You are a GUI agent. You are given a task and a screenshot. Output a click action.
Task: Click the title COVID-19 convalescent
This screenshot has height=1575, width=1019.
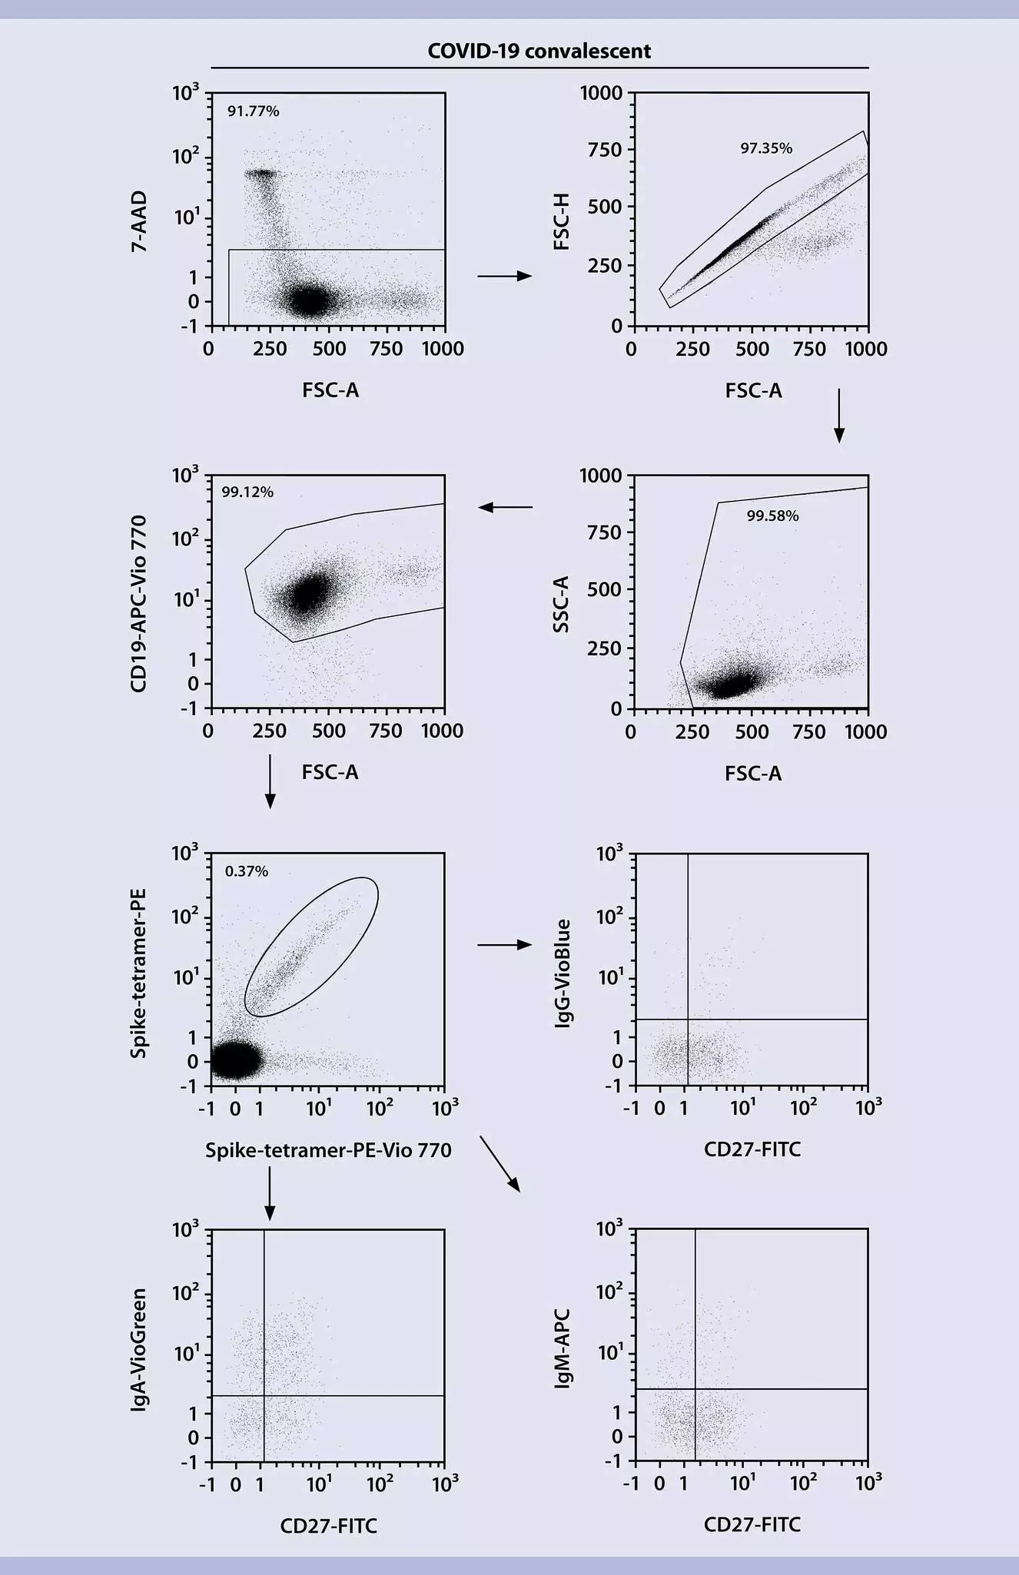pos(539,51)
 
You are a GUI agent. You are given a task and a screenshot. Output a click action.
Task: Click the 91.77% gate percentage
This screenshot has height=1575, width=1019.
pos(253,111)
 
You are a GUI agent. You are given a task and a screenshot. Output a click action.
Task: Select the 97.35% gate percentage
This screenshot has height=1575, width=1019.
pos(765,148)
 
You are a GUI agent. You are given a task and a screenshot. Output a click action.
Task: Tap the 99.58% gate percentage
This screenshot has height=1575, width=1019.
pos(772,516)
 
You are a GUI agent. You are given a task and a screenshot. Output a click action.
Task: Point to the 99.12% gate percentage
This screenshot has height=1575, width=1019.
pos(247,492)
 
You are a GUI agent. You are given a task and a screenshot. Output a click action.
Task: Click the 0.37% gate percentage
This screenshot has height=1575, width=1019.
pos(246,871)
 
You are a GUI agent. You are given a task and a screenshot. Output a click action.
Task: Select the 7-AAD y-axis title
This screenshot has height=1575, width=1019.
pos(139,222)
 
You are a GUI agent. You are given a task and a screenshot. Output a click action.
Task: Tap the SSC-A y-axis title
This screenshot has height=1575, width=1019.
pos(562,604)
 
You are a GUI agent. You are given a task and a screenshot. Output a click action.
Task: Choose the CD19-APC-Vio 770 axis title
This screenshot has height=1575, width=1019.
pos(139,604)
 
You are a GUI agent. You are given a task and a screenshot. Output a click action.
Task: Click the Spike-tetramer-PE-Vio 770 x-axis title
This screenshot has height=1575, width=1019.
pos(328,1150)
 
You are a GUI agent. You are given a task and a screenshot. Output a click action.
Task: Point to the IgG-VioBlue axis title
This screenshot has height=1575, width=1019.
pos(563,973)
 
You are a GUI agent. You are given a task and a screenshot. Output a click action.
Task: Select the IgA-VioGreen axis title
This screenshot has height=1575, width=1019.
pos(139,1351)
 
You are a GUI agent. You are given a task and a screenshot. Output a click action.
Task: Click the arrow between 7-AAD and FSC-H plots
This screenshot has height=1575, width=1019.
pos(504,276)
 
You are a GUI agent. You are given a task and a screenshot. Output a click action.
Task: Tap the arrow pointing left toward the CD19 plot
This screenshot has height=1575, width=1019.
pos(505,507)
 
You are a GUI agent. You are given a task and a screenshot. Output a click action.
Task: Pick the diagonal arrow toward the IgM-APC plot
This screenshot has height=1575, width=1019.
pos(500,1163)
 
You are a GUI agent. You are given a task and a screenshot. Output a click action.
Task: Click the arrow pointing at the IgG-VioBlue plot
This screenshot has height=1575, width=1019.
pos(504,944)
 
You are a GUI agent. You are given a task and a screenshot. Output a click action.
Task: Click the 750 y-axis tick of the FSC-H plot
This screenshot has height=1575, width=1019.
pos(605,150)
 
